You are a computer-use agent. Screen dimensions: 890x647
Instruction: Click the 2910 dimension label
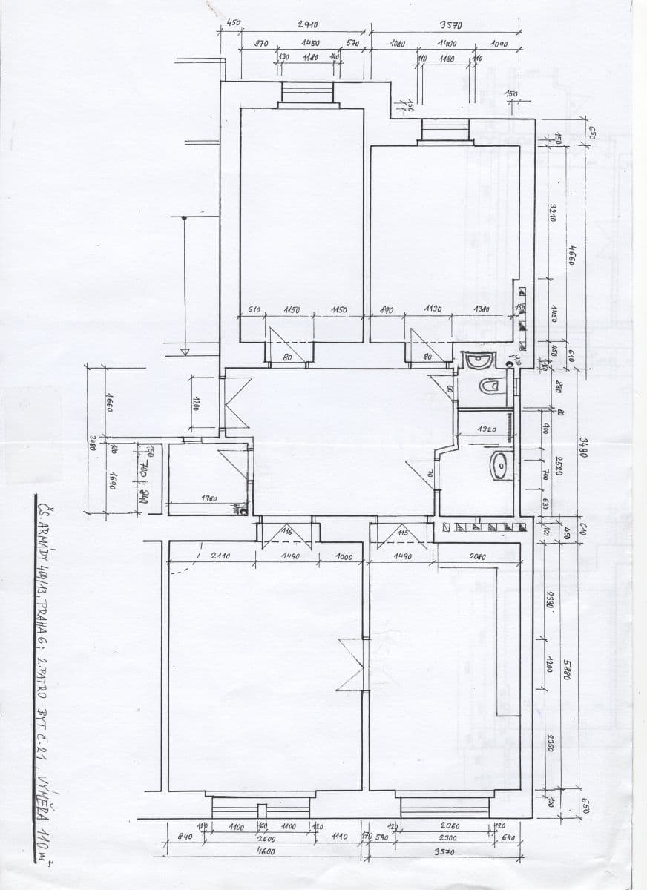[x=308, y=24]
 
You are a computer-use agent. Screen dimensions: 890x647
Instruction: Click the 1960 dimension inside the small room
[x=208, y=498]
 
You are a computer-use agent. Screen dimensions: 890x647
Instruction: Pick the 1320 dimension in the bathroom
[x=487, y=429]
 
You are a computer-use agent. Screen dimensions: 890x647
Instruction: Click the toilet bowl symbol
[x=489, y=387]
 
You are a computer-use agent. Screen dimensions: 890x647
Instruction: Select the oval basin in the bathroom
[x=499, y=466]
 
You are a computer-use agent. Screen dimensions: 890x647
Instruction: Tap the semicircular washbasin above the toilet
[x=480, y=361]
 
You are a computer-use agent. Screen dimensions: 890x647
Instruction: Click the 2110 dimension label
[x=220, y=556]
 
